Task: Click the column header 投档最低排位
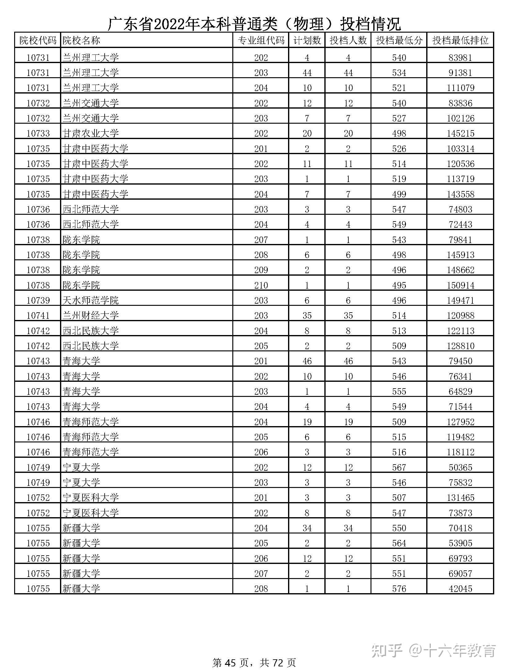460,40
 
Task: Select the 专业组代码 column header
261,40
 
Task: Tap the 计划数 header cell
307,40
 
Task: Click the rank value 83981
460,58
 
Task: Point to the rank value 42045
460,589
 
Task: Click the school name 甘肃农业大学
90,133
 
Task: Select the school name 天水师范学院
90,300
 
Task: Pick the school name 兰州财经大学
90,315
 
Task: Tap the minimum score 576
399,589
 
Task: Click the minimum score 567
399,467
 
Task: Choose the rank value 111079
460,88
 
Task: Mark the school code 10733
38,133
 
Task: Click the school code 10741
38,315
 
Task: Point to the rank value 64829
460,391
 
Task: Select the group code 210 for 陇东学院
261,285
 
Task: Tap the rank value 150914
460,285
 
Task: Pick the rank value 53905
460,543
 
